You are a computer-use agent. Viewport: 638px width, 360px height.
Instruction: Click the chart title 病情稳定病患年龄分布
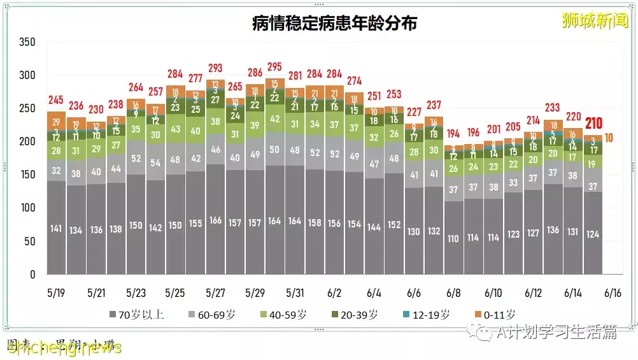(x=334, y=24)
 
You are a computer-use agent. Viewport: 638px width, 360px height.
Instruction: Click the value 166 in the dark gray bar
(x=215, y=221)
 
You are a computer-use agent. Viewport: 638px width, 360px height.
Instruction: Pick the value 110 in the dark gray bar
(x=453, y=239)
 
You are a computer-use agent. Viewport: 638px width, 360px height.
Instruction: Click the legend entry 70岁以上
(x=136, y=314)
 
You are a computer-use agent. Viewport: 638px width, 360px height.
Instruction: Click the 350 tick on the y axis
(x=27, y=43)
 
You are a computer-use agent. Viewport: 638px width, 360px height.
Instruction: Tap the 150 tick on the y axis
(x=27, y=175)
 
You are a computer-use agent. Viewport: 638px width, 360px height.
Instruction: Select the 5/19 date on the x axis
(x=57, y=293)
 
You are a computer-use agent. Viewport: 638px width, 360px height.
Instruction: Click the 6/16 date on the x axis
(x=613, y=293)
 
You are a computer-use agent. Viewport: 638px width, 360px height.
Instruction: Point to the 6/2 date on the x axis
(x=334, y=293)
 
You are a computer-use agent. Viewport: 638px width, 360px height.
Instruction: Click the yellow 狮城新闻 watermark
(x=595, y=20)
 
